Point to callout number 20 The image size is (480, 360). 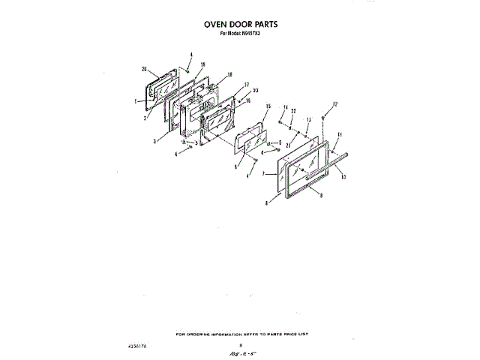click(x=143, y=69)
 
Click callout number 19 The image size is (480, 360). click(x=202, y=65)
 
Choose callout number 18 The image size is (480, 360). click(x=229, y=74)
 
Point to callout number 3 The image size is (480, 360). click(x=154, y=141)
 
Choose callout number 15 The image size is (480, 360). click(x=268, y=108)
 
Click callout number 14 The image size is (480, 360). click(x=285, y=108)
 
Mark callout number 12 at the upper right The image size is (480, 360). click(x=335, y=104)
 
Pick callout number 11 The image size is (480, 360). click(x=338, y=134)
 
